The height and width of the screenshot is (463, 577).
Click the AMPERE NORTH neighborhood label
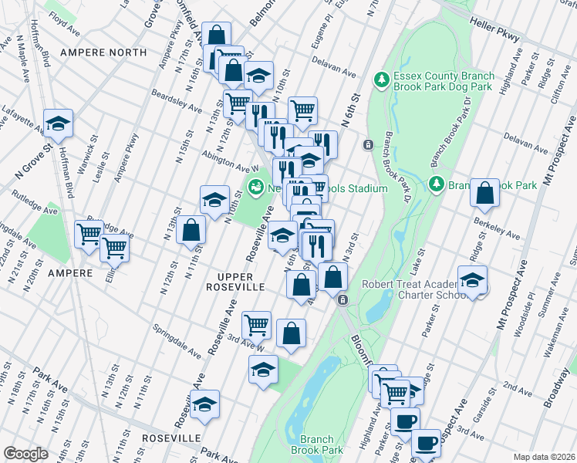(x=107, y=52)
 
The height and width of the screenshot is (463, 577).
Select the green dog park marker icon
(x=380, y=79)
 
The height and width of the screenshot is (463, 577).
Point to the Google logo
(x=25, y=453)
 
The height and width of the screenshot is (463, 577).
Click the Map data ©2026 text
(x=545, y=457)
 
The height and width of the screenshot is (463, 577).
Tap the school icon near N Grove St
(x=57, y=123)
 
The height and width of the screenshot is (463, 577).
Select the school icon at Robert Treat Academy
(x=472, y=280)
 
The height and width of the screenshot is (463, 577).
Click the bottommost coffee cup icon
(x=425, y=444)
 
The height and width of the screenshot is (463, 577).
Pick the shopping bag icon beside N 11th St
(x=191, y=231)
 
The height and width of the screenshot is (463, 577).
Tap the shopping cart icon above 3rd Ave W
(x=257, y=325)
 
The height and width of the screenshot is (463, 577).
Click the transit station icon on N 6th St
(x=369, y=144)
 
